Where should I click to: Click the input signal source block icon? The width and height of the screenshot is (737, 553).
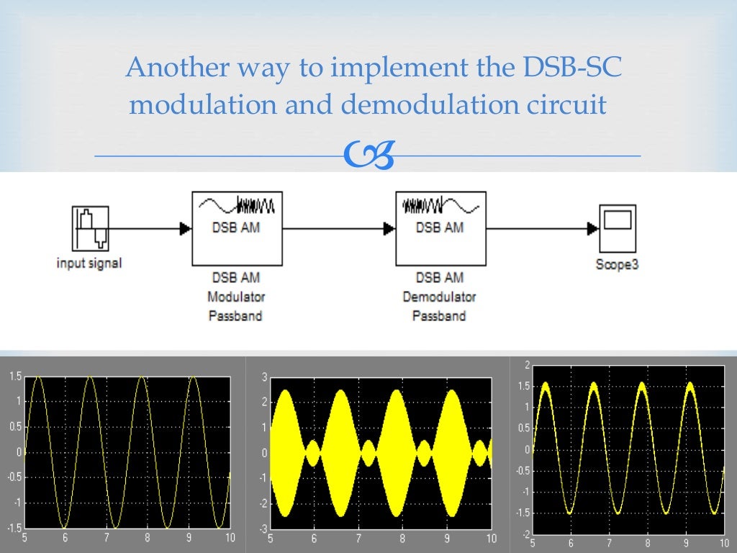(x=91, y=228)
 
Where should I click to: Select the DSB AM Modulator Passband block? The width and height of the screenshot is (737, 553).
(x=237, y=228)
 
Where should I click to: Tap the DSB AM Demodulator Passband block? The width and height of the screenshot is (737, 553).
(x=440, y=228)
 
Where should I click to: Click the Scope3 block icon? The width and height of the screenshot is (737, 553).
(x=617, y=228)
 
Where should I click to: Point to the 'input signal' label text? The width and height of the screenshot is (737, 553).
(x=89, y=264)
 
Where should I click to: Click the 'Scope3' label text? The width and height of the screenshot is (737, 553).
(x=617, y=264)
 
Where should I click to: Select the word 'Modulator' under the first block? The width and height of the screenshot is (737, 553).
(x=236, y=297)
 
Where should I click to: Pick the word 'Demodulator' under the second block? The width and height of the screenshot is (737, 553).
(x=440, y=297)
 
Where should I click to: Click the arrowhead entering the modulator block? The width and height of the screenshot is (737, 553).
(x=185, y=228)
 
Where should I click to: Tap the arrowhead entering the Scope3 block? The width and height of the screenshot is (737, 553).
(x=592, y=228)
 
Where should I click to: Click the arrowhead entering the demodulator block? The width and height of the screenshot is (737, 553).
(x=389, y=228)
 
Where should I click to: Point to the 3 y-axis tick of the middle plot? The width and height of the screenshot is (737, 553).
(x=264, y=377)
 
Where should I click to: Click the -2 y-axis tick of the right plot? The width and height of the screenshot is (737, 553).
(x=525, y=534)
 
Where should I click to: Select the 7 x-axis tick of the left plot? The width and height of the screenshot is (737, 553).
(x=107, y=537)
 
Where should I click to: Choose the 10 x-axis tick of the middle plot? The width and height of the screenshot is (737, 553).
(x=491, y=538)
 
